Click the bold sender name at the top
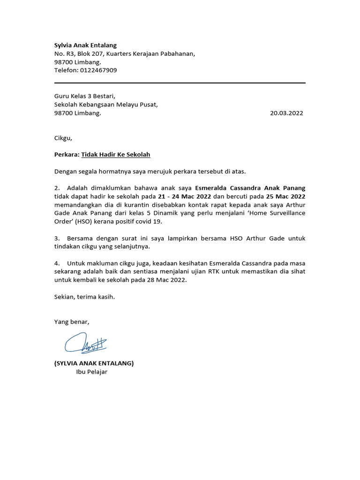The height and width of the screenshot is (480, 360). [85, 45]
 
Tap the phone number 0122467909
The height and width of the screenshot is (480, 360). [99, 70]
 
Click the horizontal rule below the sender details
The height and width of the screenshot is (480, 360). [180, 83]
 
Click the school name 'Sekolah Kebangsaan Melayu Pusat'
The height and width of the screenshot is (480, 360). [106, 105]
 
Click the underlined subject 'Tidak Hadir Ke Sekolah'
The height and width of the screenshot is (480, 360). [115, 154]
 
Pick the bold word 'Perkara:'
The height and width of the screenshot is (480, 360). [67, 154]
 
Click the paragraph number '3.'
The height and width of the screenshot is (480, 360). [57, 238]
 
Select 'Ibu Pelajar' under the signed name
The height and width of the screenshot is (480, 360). [92, 372]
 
